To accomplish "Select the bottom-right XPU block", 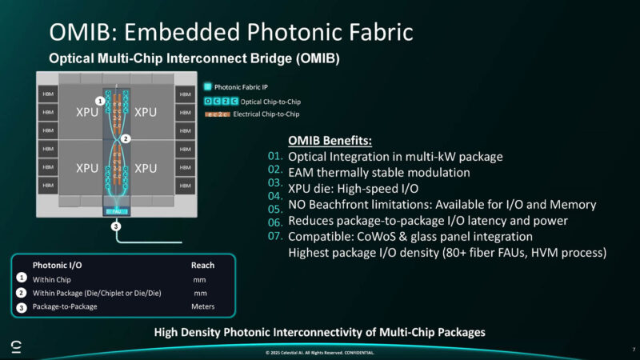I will (146, 169).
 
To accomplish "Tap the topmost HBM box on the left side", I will (47, 94).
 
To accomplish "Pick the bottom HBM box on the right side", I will (186, 187).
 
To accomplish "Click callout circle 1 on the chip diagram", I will (99, 102).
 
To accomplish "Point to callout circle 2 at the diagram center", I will (126, 138).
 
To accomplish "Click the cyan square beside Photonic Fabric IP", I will (207, 86).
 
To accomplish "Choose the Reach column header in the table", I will (202, 265).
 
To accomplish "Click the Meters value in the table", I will (202, 306).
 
